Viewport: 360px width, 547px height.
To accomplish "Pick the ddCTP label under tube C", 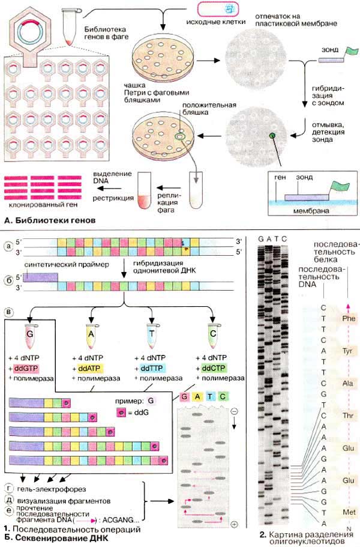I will pos(214,367).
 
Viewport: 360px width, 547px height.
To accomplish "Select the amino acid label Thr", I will pos(346,415).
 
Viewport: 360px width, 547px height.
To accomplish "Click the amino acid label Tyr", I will pos(346,350).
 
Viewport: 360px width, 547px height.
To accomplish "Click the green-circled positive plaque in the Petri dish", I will pos(180,137).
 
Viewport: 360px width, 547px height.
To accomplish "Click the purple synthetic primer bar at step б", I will pos(41,277).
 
